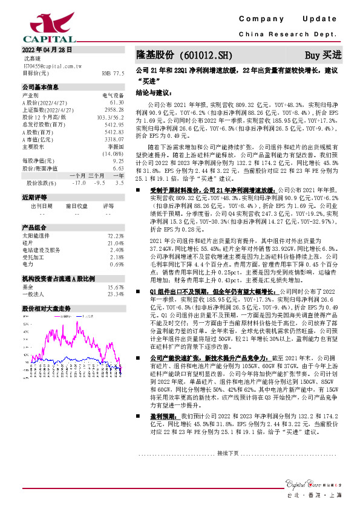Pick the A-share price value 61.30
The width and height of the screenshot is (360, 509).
[116, 102]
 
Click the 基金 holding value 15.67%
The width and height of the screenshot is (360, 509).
[115, 287]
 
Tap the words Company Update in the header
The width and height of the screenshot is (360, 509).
[290, 20]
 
